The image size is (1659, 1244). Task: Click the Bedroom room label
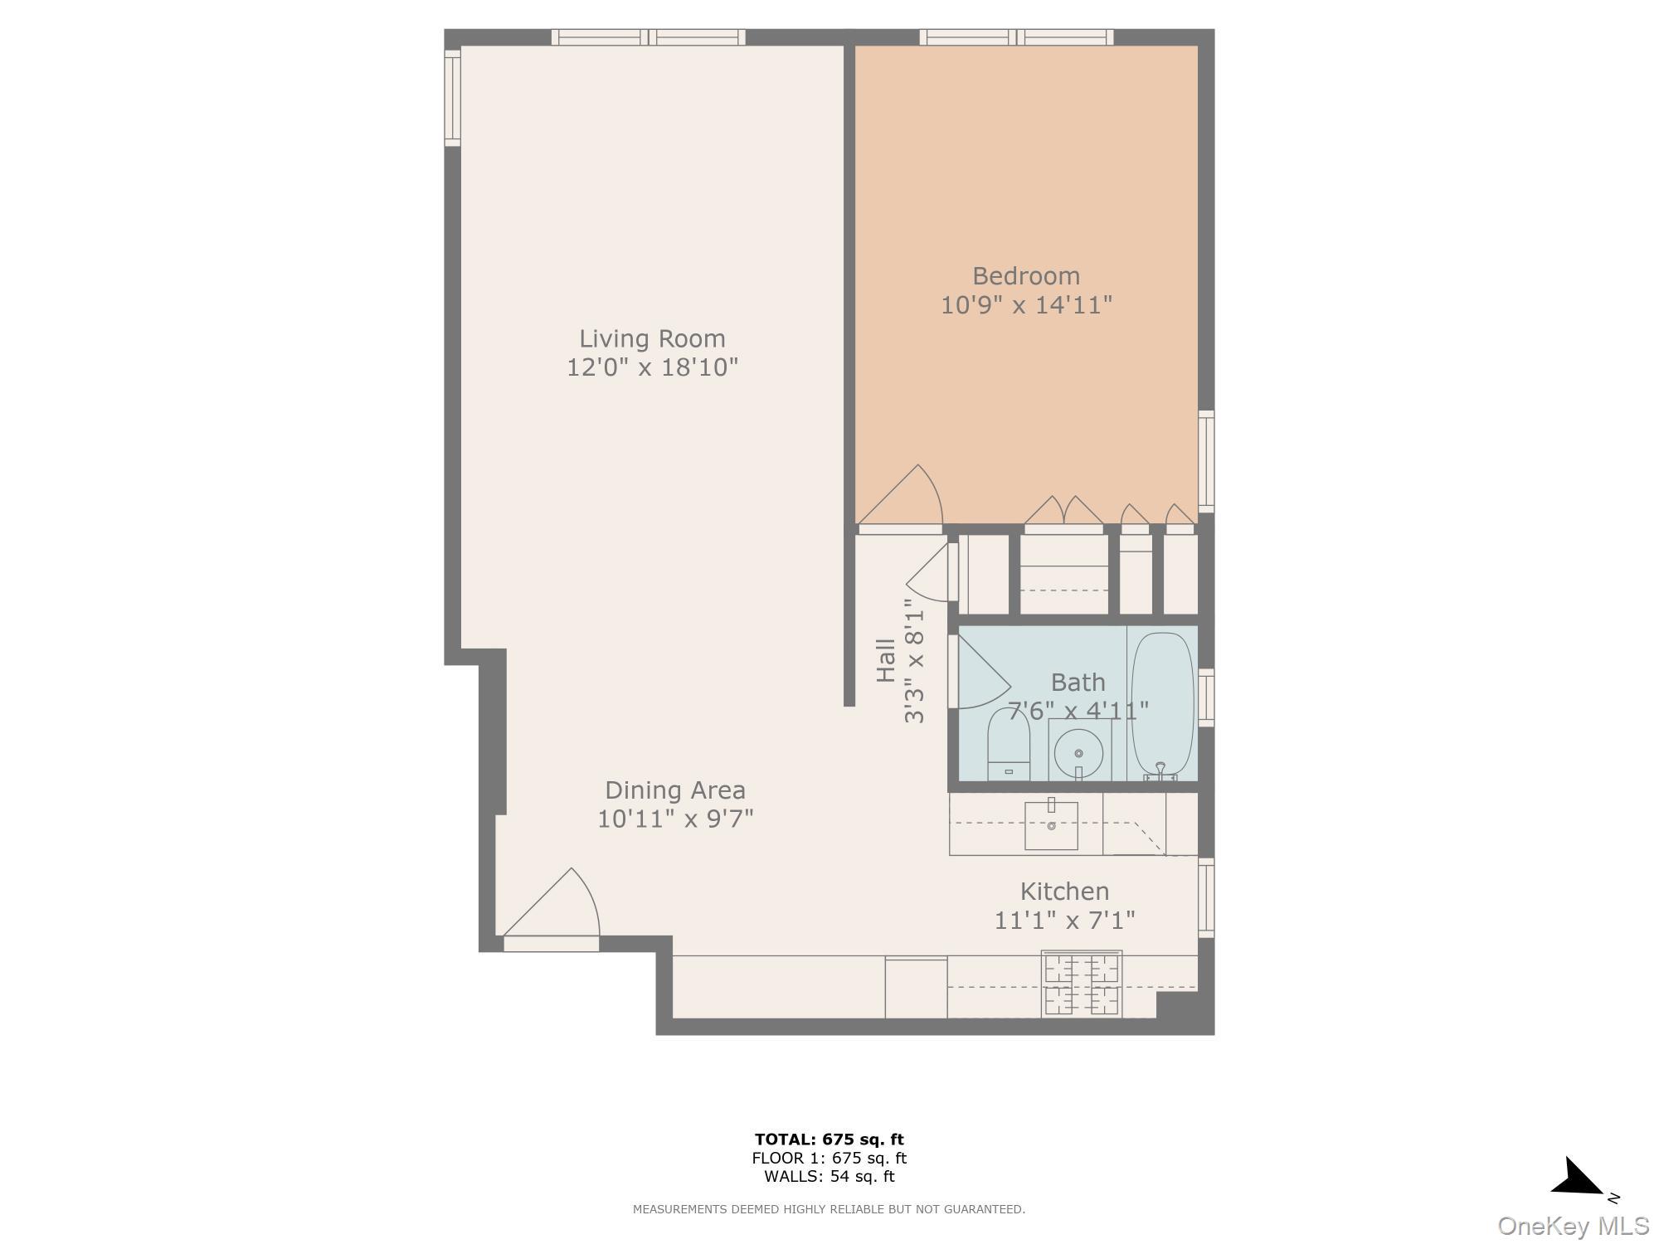(x=1025, y=275)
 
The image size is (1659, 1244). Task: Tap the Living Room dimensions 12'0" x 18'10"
(x=652, y=367)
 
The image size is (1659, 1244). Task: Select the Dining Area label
(x=674, y=790)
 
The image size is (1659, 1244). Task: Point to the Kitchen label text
(x=1064, y=892)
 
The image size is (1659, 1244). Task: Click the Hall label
(x=886, y=660)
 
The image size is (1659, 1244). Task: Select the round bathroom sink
(x=1078, y=752)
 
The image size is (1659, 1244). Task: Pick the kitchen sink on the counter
(x=1051, y=825)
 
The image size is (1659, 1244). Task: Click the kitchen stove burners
(x=1082, y=984)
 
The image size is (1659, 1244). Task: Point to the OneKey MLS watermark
(x=1573, y=1225)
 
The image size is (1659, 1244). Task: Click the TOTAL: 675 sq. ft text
(x=829, y=1140)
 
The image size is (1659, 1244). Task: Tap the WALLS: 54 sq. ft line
(x=829, y=1176)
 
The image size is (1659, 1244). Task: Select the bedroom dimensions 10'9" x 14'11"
(x=1025, y=305)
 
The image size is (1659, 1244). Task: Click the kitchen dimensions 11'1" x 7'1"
(x=1064, y=920)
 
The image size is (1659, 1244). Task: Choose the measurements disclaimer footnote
(x=829, y=1209)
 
